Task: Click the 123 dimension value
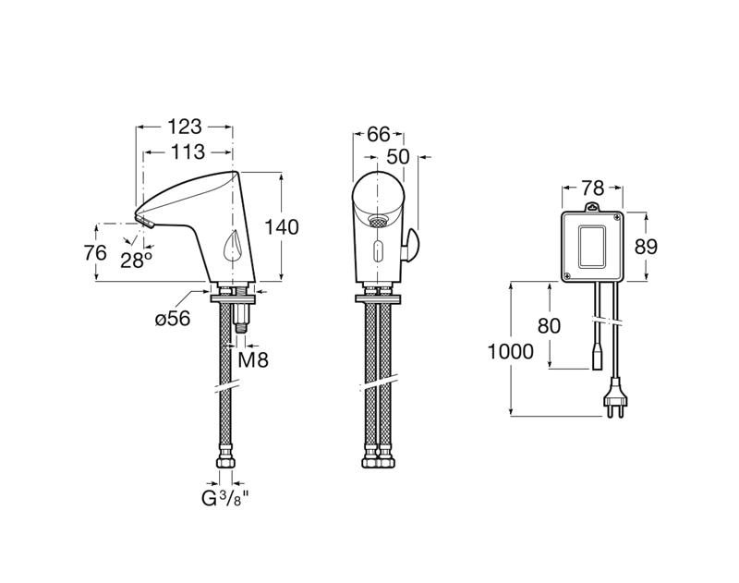185,127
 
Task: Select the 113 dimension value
188,152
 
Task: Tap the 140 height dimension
282,227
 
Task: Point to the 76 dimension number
96,253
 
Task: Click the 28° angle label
136,260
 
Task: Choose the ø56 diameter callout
173,319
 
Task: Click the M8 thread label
253,360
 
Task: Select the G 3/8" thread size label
224,498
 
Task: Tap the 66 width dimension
379,135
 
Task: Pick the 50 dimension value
398,157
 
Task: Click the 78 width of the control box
592,188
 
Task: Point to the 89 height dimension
645,247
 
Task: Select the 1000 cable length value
511,352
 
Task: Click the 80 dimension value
549,325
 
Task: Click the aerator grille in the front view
378,221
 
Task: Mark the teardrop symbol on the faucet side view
233,246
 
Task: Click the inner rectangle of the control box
592,247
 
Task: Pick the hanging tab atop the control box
592,207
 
